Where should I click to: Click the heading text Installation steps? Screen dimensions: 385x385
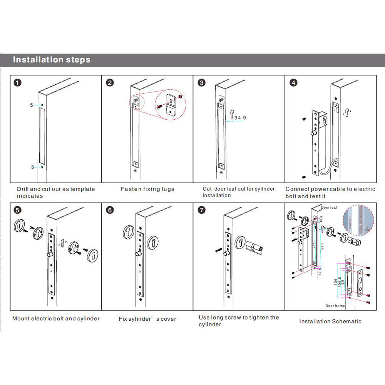tap(52, 60)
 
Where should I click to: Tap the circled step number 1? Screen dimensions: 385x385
tap(18, 82)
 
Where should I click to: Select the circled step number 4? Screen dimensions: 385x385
tap(293, 82)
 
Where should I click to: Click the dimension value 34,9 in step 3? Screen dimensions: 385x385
tap(240, 117)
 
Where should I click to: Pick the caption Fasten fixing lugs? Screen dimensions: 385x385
tap(147, 189)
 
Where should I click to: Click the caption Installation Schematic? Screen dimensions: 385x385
tap(330, 321)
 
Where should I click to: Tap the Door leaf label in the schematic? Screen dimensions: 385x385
tap(329, 207)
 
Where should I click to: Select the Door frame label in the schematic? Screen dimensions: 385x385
tap(335, 305)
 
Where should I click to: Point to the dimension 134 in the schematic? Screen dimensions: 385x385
tap(336, 283)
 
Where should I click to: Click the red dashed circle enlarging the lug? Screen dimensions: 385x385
tap(170, 104)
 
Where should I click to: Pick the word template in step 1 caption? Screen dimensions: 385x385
tap(83, 189)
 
